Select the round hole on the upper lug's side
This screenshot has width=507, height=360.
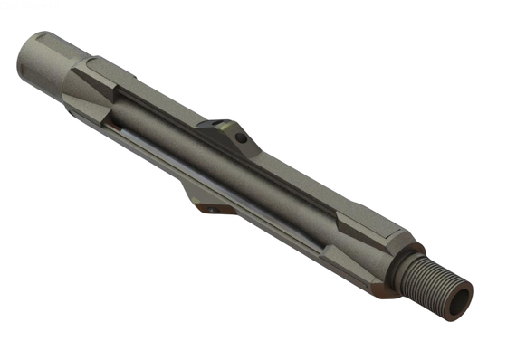tap(240, 137)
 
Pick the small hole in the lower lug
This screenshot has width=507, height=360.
tap(211, 207)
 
